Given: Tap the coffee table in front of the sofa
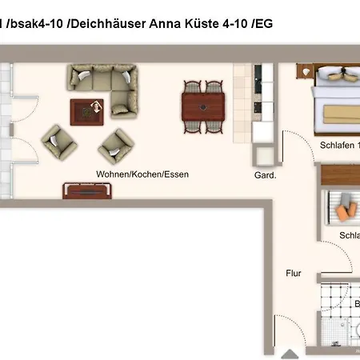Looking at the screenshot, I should (86, 111).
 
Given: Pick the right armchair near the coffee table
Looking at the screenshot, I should (114, 146).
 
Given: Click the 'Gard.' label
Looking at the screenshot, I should (265, 175).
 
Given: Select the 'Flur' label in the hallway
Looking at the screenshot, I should (294, 274).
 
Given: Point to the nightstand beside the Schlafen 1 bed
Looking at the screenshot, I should (306, 72).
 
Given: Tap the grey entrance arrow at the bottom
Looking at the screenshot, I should (289, 351).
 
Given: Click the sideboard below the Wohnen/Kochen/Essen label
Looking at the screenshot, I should (89, 192).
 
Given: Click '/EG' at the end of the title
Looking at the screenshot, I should (262, 24).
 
